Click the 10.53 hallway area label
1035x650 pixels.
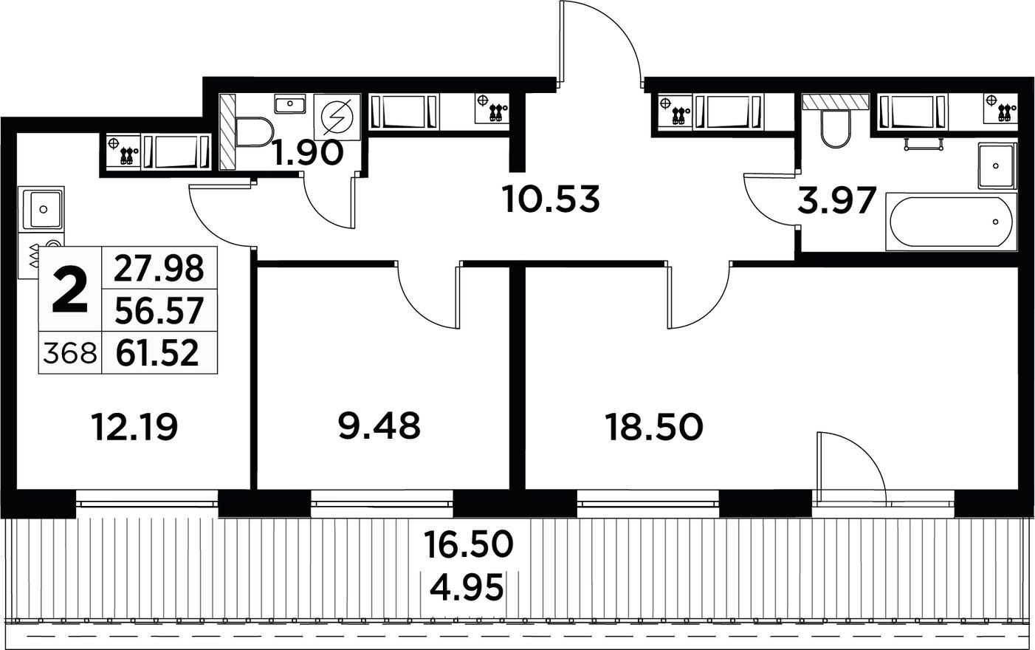pyautogui.click(x=550, y=199)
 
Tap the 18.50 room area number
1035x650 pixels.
pyautogui.click(x=653, y=427)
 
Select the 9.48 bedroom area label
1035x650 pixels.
pyautogui.click(x=379, y=425)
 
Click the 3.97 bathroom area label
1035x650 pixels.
pyautogui.click(x=837, y=200)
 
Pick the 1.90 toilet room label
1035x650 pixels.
pyautogui.click(x=307, y=154)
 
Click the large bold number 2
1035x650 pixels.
pyautogui.click(x=71, y=292)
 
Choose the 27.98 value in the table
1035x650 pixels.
pyautogui.click(x=158, y=268)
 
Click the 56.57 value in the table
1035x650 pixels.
pyautogui.click(x=158, y=311)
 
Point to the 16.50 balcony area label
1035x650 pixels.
pyautogui.click(x=468, y=545)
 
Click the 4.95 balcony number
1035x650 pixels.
pyautogui.click(x=468, y=589)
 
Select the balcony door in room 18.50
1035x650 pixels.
pyautogui.click(x=849, y=465)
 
